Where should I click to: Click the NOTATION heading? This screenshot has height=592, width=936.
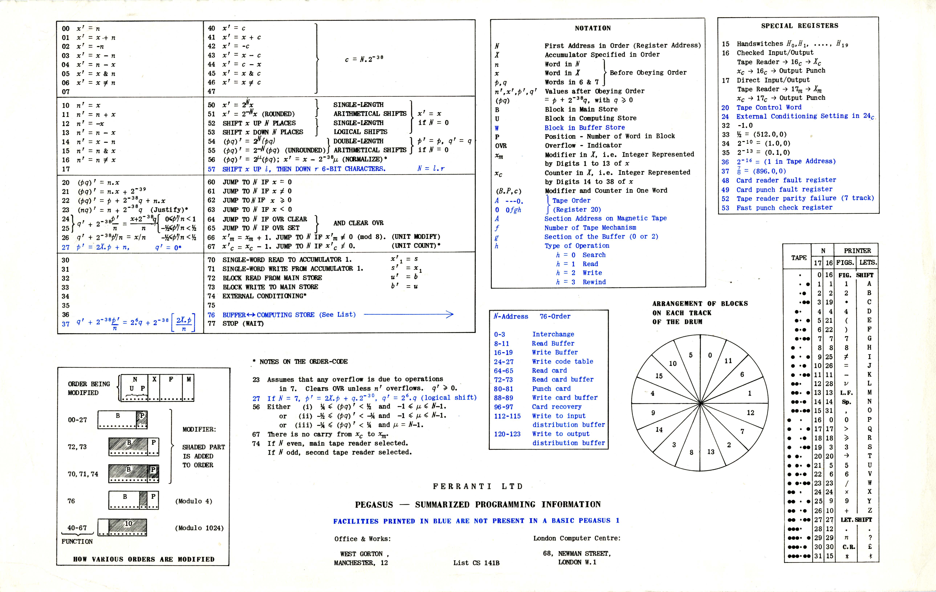click(593, 28)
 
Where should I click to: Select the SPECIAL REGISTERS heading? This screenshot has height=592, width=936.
click(799, 26)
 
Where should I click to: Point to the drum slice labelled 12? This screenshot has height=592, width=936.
click(750, 413)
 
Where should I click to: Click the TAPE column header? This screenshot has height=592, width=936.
click(799, 258)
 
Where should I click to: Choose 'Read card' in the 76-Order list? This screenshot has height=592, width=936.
click(549, 371)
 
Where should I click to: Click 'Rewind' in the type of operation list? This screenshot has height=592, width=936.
click(594, 282)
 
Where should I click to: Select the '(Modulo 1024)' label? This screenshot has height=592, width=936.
click(199, 528)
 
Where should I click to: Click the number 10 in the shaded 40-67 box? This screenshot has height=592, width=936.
click(128, 524)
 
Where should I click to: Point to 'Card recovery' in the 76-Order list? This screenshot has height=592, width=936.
click(557, 407)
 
